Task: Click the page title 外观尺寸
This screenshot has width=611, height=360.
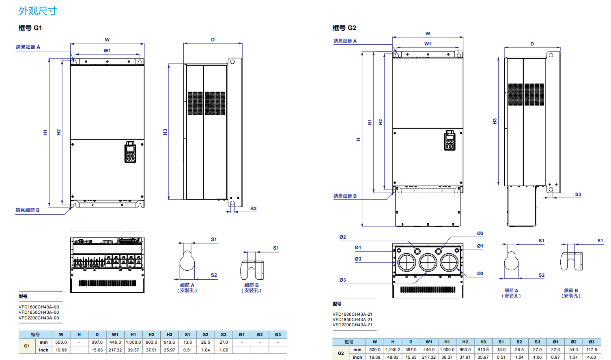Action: [x=38, y=11]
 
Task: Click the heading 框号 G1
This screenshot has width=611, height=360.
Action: [x=30, y=28]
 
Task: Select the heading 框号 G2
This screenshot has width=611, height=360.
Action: [x=344, y=28]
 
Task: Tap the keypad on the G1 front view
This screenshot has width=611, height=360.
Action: [x=130, y=152]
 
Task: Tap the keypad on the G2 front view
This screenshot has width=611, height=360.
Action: [x=450, y=140]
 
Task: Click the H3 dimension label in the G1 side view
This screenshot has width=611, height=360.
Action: [x=165, y=132]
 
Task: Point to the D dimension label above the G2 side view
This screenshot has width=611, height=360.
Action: [x=532, y=44]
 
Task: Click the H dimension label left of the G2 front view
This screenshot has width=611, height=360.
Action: [x=358, y=139]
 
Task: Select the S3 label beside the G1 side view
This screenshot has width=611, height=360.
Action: [x=254, y=209]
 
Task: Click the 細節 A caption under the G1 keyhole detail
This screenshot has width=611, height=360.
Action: [x=187, y=285]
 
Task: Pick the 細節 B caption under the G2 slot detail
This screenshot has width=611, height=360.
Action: [x=571, y=291]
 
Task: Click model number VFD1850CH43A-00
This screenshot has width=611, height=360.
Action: [x=39, y=313]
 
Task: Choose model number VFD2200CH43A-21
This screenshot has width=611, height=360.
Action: [x=353, y=325]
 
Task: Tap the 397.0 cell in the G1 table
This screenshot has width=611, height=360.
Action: [x=97, y=343]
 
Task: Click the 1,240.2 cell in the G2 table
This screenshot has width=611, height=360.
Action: [x=393, y=349]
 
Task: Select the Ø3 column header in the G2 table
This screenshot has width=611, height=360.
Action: [x=592, y=342]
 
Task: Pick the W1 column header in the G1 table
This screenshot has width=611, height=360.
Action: [x=115, y=335]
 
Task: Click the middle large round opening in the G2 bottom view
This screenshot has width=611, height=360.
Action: [x=428, y=262]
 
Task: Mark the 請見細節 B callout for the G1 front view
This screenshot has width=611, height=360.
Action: [x=28, y=210]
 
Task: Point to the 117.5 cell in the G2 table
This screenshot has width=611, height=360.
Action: [x=592, y=349]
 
